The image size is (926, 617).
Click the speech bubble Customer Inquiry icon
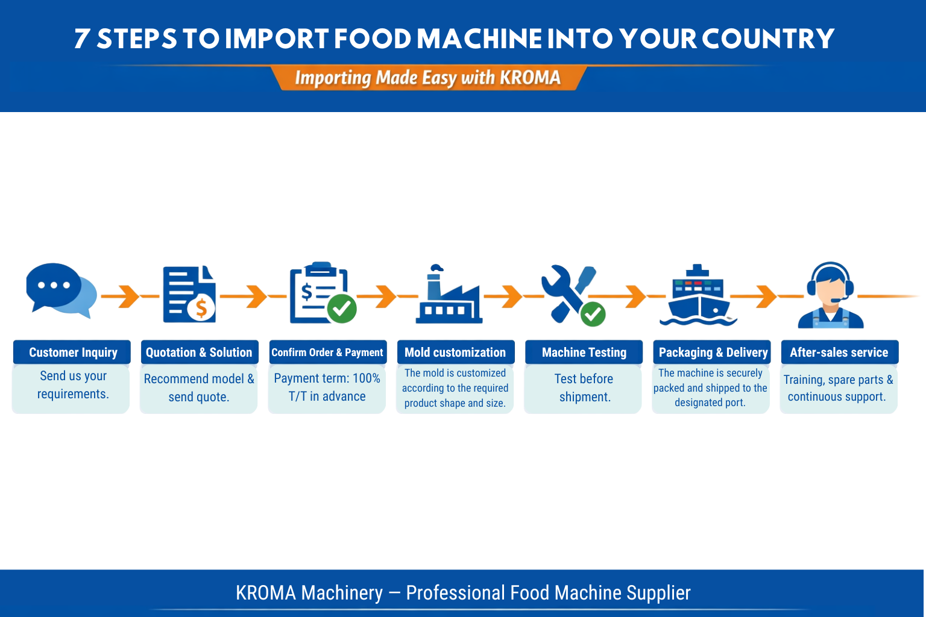point(60,290)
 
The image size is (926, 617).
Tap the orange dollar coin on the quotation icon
point(201,308)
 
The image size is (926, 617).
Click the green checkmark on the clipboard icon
point(342,308)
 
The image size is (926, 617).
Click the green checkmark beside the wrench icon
point(593,314)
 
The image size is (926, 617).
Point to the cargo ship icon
point(698,295)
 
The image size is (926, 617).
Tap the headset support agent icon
point(830,295)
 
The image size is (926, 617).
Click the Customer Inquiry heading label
point(73,352)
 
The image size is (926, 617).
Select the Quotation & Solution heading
point(199,352)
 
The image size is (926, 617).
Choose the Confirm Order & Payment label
point(327,352)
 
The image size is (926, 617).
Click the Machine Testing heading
point(584,352)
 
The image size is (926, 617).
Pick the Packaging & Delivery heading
point(713,352)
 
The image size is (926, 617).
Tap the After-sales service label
point(839,352)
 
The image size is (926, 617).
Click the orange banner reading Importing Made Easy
point(427,78)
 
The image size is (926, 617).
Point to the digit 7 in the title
point(83,39)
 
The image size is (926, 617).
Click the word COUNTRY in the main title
point(768,39)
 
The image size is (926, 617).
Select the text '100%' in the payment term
point(366,378)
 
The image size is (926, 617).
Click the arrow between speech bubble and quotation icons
point(128,296)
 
